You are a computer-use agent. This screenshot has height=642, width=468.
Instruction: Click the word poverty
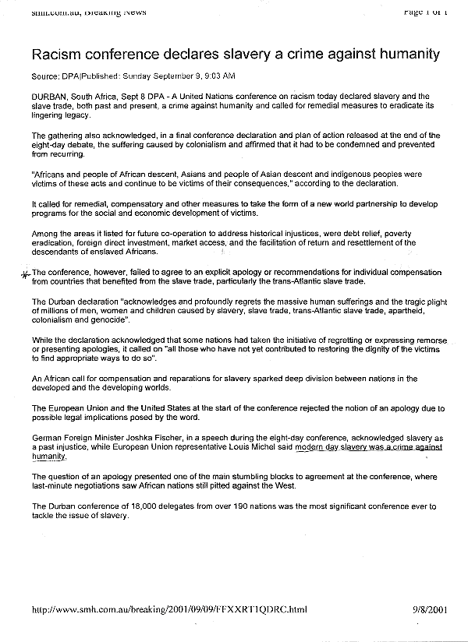394,234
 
